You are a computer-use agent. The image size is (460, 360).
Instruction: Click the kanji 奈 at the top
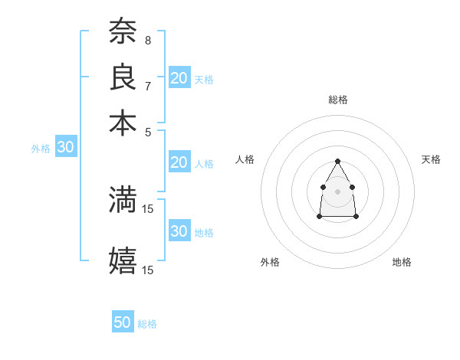tap(123, 32)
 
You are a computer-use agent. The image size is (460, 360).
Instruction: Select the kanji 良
tap(123, 78)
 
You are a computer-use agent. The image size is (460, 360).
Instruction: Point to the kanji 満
tap(123, 200)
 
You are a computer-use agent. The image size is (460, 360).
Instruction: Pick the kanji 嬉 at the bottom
tap(123, 260)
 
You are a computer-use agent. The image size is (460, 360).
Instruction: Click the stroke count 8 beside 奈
tap(147, 40)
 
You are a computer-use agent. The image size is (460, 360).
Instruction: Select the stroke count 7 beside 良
tap(147, 85)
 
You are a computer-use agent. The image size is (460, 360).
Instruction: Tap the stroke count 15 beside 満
tap(149, 208)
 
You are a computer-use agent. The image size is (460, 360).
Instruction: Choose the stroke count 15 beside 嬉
tap(149, 269)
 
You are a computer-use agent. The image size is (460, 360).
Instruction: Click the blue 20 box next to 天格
tap(179, 77)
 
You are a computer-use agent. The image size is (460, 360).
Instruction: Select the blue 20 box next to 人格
tap(179, 162)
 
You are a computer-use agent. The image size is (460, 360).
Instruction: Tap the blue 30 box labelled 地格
tap(179, 231)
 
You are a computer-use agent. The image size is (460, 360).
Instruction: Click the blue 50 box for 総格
tap(123, 322)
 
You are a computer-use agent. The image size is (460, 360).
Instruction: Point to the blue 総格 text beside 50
tap(147, 324)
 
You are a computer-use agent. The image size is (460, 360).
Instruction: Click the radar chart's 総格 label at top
tap(337, 100)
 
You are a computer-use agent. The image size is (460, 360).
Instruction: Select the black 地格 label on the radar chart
tap(402, 262)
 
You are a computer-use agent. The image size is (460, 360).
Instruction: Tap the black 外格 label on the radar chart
tap(270, 262)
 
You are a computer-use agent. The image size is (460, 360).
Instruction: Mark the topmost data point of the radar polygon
tap(337, 161)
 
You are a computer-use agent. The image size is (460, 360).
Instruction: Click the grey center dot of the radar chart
tap(337, 191)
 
